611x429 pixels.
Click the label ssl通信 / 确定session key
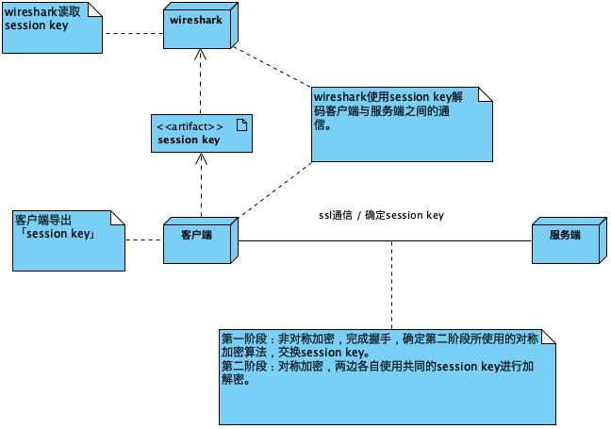point(381,215)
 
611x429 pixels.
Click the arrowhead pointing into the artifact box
point(201,157)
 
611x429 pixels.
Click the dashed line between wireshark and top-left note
point(132,33)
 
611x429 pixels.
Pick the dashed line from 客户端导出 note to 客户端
point(143,240)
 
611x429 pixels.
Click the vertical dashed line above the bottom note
point(391,283)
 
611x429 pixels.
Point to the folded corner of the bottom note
point(548,337)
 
